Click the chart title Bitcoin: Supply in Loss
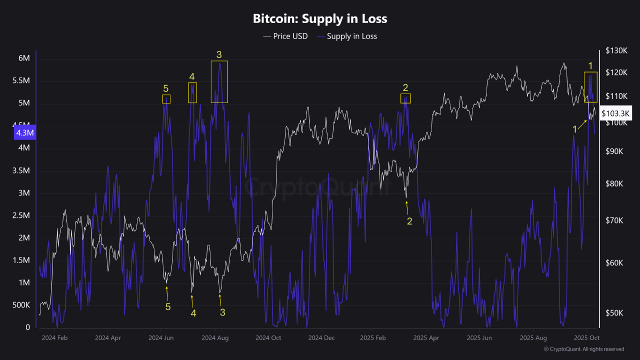point(320,18)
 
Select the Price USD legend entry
point(285,36)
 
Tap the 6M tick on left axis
point(24,58)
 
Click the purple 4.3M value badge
point(25,133)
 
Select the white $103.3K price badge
point(616,113)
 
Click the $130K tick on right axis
point(616,50)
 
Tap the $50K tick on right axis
point(614,313)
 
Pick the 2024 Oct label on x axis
point(268,338)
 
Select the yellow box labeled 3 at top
point(219,82)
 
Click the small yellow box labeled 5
point(166,99)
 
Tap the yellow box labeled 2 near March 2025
point(405,98)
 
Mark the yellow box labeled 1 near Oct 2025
point(590,87)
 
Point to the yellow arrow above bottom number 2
point(407,206)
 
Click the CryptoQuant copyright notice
point(583,349)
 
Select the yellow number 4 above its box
point(192,76)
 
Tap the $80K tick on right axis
point(614,183)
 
